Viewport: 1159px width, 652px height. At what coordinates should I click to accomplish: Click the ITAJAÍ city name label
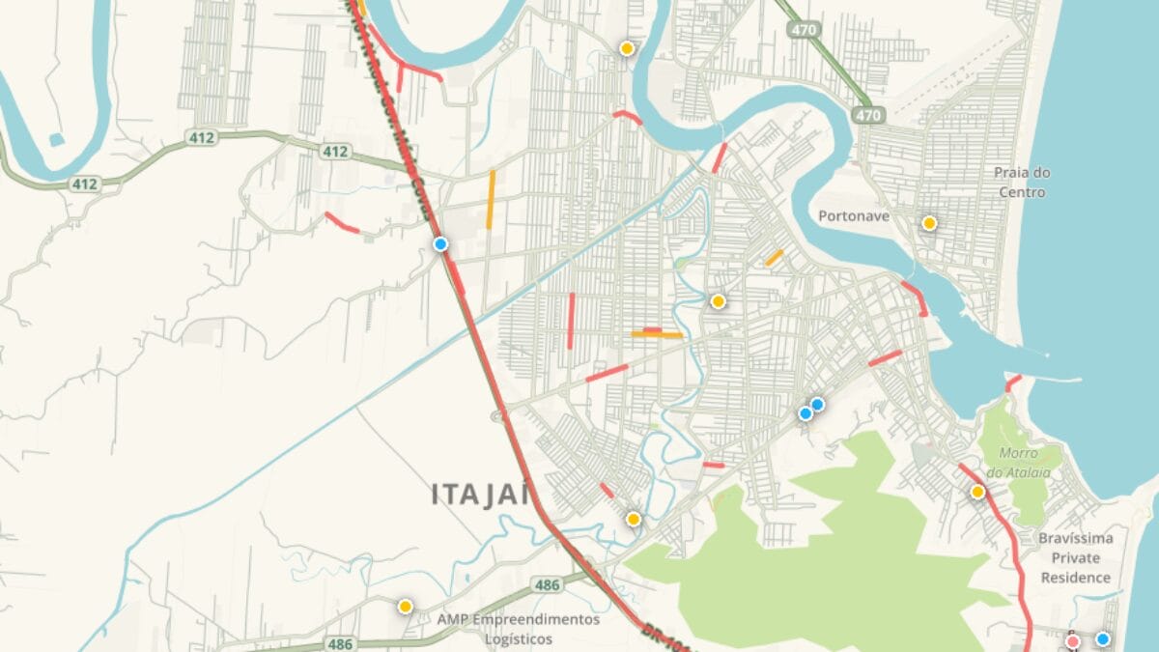pos(480,495)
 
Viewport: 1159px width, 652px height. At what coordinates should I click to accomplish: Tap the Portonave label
pos(853,216)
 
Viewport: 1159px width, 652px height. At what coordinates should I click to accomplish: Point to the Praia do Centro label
pos(1022,183)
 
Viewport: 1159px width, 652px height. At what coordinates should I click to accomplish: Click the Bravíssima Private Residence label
pos(1076,558)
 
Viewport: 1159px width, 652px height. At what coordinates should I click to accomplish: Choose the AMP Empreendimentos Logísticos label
pos(518,629)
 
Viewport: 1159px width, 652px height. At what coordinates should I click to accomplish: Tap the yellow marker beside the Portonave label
pos(929,223)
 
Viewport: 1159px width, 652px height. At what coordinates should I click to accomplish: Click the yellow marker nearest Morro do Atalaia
pos(977,492)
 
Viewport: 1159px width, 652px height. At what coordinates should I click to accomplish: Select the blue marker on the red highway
pos(440,244)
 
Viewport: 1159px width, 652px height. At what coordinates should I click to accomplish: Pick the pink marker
pos(1072,641)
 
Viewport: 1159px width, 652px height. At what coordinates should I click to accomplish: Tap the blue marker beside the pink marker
pos(1102,638)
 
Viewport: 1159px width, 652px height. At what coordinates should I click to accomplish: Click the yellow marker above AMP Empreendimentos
pos(405,606)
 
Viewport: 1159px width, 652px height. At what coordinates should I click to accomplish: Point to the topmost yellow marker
pos(627,47)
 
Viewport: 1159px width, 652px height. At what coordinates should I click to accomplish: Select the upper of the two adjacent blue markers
pos(817,404)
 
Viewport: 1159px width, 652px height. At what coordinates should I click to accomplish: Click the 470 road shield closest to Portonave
pos(867,115)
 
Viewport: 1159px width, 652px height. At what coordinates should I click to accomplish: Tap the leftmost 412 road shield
pos(84,184)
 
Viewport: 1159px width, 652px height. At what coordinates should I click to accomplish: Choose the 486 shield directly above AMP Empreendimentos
pos(548,585)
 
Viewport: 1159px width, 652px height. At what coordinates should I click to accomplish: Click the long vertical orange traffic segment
pos(491,200)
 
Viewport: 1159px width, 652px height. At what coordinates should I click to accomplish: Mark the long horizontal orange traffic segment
pos(657,335)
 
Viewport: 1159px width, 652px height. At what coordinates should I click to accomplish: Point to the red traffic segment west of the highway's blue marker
pos(342,223)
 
